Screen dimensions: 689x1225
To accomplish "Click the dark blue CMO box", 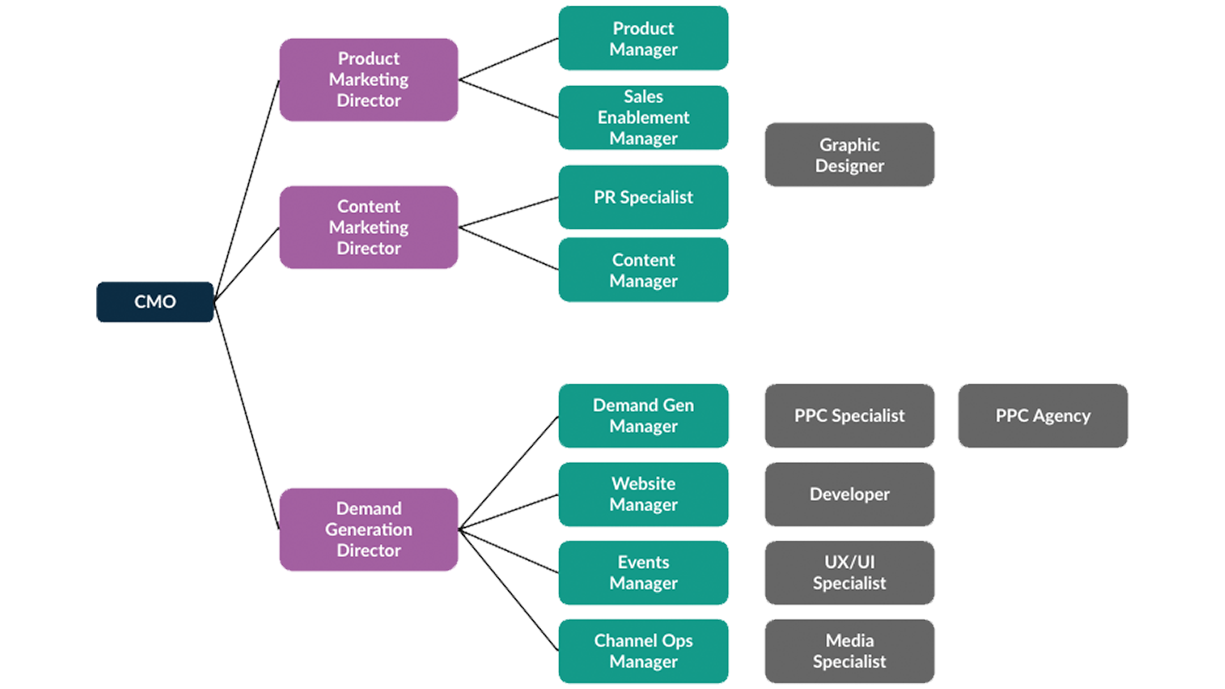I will [155, 302].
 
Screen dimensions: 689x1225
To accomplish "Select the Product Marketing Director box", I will [368, 80].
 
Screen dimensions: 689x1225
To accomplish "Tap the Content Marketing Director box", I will [368, 227].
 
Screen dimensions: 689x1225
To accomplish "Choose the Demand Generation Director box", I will [368, 529].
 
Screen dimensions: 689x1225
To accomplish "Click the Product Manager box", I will [643, 38].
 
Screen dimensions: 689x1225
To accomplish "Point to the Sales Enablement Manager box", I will [643, 117].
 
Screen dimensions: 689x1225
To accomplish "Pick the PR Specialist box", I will [643, 197].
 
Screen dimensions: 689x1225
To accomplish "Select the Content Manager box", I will [643, 270].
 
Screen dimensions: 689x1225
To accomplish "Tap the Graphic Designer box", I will [849, 155].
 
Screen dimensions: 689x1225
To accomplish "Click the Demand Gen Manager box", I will [643, 415].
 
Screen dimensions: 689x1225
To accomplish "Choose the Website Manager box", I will [643, 494].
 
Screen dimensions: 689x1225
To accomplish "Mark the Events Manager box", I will [643, 572].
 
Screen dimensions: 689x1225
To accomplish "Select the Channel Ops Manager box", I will [643, 651].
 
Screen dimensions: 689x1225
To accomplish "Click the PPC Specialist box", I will [849, 415].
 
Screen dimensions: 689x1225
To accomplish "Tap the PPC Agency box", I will [1042, 415].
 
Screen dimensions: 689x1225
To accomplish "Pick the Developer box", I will [849, 494].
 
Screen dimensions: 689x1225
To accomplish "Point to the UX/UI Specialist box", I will [849, 572].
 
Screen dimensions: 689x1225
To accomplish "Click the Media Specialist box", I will [849, 651].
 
